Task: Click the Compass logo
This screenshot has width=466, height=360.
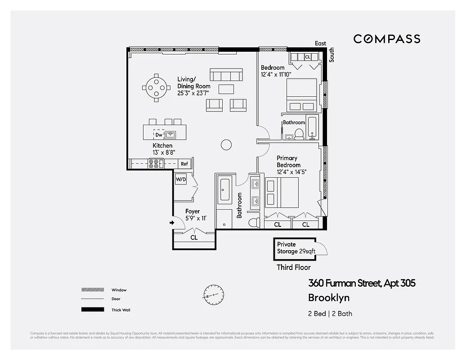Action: [x=386, y=39]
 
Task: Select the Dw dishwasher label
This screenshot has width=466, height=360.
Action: [x=159, y=135]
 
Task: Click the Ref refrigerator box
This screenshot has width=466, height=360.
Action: [x=184, y=164]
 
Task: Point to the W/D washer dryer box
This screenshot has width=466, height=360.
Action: [x=181, y=179]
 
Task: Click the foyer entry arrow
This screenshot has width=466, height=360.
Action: [x=172, y=222]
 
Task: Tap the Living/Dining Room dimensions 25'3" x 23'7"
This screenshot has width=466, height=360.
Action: [x=193, y=93]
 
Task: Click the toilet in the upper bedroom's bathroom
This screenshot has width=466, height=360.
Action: [x=299, y=134]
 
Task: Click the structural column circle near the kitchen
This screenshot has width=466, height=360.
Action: [x=226, y=144]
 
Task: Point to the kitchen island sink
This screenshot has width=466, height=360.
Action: [x=170, y=135]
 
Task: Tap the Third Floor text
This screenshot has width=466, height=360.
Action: [x=293, y=267]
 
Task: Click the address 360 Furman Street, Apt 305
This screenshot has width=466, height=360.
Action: [x=361, y=283]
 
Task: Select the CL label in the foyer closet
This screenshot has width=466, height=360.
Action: [x=194, y=237]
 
